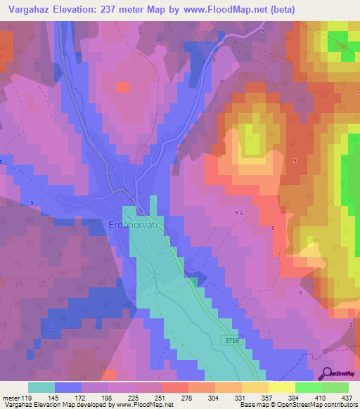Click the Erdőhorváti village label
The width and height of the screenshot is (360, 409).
pyautogui.click(x=136, y=225)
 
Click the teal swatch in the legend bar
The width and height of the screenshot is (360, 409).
pyautogui.click(x=41, y=387)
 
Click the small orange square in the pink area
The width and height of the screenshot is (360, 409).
pyautogui.click(x=122, y=87)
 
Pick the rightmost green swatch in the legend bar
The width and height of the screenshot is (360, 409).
pyautogui.click(x=335, y=387)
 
